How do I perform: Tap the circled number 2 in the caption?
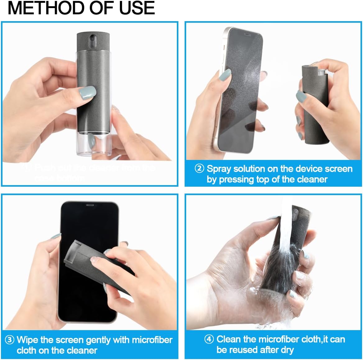coord(199,169)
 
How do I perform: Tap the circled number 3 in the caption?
coord(10,340)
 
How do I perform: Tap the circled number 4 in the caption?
coord(209,339)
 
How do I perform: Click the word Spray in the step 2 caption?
coord(219,169)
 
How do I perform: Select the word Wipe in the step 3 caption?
coord(27,340)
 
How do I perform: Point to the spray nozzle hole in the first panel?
coord(92,39)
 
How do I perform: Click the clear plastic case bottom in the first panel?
coord(93,143)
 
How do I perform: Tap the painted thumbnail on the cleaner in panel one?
coord(87,92)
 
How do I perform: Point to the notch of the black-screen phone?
coord(90,206)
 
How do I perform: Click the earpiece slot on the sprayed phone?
coord(248,34)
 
